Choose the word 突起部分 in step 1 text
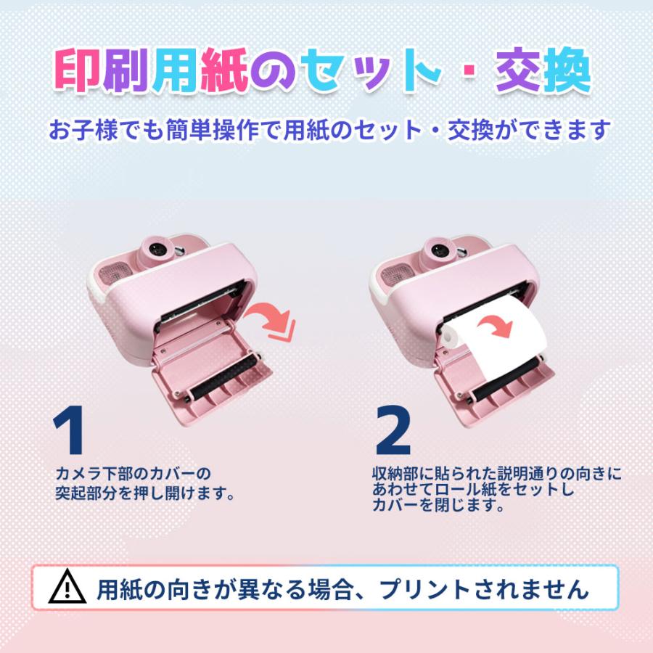coord(83,493)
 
